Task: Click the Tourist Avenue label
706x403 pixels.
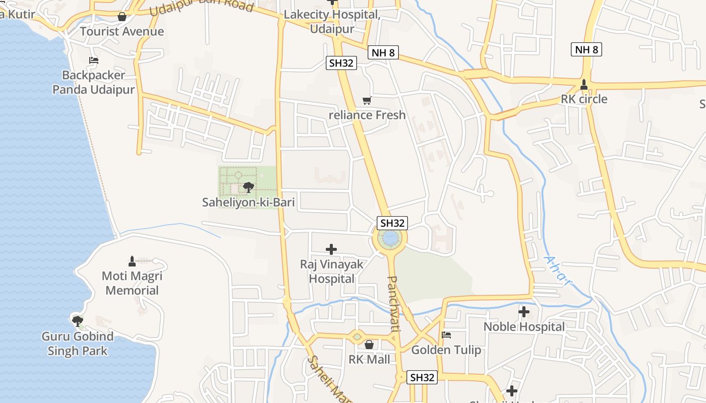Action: coord(122,31)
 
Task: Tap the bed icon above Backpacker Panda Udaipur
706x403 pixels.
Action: coord(94,60)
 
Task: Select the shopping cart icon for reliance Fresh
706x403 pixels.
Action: coord(367,101)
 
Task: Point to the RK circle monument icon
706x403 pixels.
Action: coord(584,85)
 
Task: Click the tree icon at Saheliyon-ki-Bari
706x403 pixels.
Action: coord(248,188)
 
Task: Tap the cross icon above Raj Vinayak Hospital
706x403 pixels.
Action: coord(331,249)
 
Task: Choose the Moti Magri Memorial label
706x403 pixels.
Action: coord(132,283)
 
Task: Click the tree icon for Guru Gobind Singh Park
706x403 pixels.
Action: coord(77,321)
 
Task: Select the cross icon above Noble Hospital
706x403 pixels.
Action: coord(524,312)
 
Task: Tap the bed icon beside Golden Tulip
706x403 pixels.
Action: coord(446,335)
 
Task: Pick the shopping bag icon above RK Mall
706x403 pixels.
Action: coord(369,345)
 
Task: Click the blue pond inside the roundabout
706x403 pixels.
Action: coord(390,238)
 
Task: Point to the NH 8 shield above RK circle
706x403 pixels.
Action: coord(587,49)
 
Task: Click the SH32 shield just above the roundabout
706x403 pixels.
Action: coord(392,223)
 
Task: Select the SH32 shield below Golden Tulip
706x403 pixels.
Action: coord(422,377)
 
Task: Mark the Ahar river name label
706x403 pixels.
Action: coord(558,271)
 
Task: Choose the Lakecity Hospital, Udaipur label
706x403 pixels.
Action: coord(331,21)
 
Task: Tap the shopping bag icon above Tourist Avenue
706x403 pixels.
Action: coord(122,17)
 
